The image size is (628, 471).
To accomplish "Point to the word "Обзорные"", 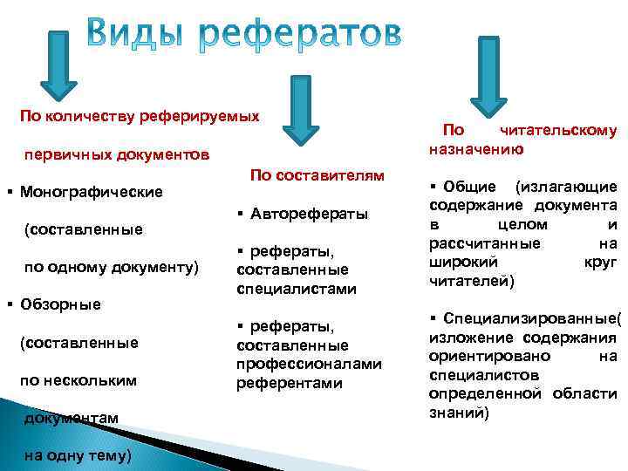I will tap(60, 304).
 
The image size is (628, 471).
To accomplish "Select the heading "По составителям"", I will tap(317, 176).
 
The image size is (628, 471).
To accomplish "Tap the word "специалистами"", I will tap(297, 288).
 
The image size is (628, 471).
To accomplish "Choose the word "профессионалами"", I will tap(310, 365).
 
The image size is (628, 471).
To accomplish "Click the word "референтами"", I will tap(290, 383).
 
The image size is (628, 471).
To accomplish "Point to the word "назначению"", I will tap(476, 149).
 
